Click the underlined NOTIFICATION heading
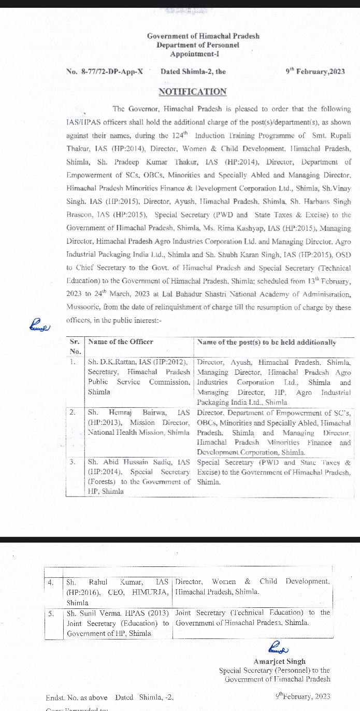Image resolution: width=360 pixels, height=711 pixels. [x=192, y=92]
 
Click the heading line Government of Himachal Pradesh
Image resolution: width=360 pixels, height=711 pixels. [x=203, y=36]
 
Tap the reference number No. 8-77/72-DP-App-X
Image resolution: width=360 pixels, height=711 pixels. [x=105, y=72]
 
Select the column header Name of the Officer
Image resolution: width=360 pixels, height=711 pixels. [x=121, y=342]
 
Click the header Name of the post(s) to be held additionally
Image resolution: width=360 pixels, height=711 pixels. [x=267, y=342]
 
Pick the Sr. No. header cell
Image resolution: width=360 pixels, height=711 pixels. [x=75, y=347]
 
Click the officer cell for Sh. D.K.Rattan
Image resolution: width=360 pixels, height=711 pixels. [x=139, y=377]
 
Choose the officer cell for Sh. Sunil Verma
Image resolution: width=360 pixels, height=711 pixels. [x=118, y=623]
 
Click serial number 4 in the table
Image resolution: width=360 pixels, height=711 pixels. [x=51, y=582]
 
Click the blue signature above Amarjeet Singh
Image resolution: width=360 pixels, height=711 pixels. [x=278, y=648]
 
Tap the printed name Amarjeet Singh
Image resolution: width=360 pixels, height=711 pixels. [x=280, y=661]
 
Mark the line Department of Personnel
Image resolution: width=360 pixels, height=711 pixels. [x=203, y=45]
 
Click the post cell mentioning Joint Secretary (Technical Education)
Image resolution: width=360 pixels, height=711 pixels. [x=252, y=618]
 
